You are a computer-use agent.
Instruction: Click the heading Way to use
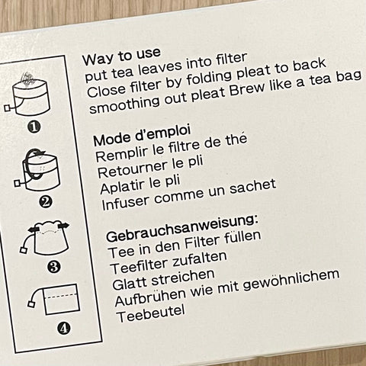[x=121, y=56]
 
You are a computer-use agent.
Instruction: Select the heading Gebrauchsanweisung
[x=182, y=228]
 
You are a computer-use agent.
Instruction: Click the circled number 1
[x=34, y=127]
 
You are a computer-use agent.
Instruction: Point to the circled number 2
[x=46, y=202]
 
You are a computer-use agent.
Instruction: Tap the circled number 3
[x=54, y=267]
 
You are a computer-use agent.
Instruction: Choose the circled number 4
[x=63, y=329]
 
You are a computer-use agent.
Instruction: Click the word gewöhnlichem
[x=291, y=280]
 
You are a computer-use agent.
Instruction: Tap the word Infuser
[x=125, y=202]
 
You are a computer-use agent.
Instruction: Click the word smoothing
[x=125, y=104]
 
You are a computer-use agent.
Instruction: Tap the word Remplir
[x=122, y=154]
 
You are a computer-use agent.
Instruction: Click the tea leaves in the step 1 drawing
[x=27, y=79]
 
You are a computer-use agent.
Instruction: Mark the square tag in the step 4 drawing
[x=31, y=303]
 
